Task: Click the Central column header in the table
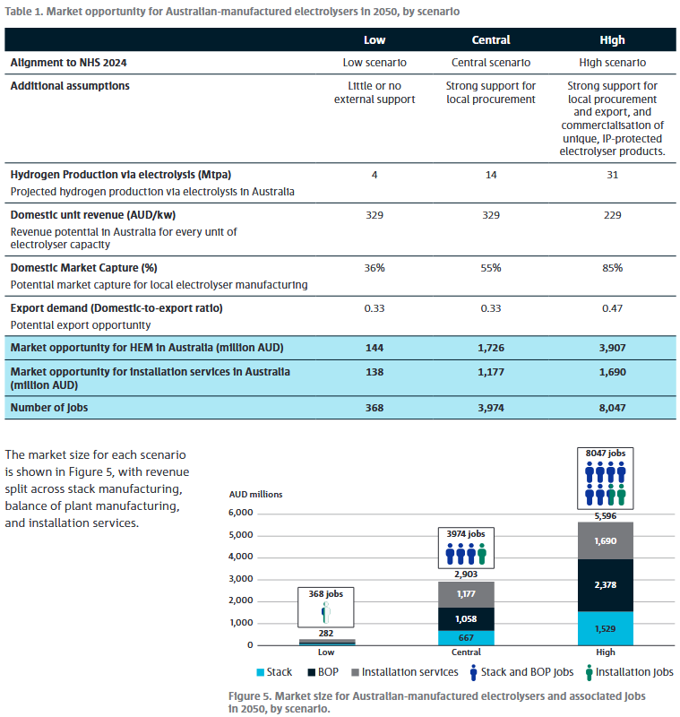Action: coord(491,40)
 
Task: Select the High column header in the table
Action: coord(612,40)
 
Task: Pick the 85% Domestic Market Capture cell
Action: coord(612,268)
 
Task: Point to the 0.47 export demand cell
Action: coord(612,308)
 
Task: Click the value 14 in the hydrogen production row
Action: coord(491,175)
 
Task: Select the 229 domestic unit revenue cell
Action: coord(612,215)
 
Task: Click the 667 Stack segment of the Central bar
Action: coord(467,637)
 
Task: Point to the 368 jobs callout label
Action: coord(326,593)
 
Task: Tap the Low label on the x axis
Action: coord(326,652)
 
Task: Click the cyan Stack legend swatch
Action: coord(261,672)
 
